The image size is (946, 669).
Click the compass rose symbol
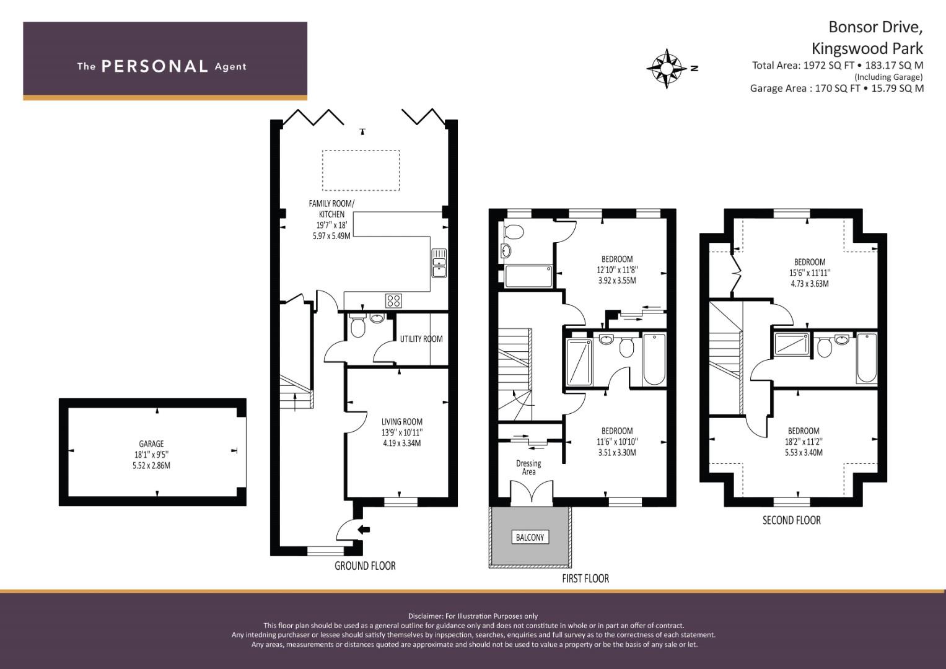tap(667, 68)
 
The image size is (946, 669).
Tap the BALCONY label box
tap(530, 537)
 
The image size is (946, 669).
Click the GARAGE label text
tap(151, 444)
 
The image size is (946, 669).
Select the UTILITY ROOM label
tap(421, 339)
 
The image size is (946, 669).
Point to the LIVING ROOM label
tap(401, 421)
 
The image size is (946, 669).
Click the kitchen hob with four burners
tap(393, 301)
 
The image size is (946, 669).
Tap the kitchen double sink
tap(439, 263)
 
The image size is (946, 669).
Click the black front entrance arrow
tap(364, 529)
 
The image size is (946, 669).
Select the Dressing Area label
tap(528, 467)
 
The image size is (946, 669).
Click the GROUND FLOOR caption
tap(365, 566)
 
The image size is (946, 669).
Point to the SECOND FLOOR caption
tap(791, 520)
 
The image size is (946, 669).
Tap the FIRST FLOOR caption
tap(585, 579)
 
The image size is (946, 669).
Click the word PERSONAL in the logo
tap(155, 66)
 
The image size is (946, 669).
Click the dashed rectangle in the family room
tap(361, 170)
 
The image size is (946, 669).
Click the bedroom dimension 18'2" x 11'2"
tap(804, 442)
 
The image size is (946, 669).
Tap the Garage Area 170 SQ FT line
tap(836, 88)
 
